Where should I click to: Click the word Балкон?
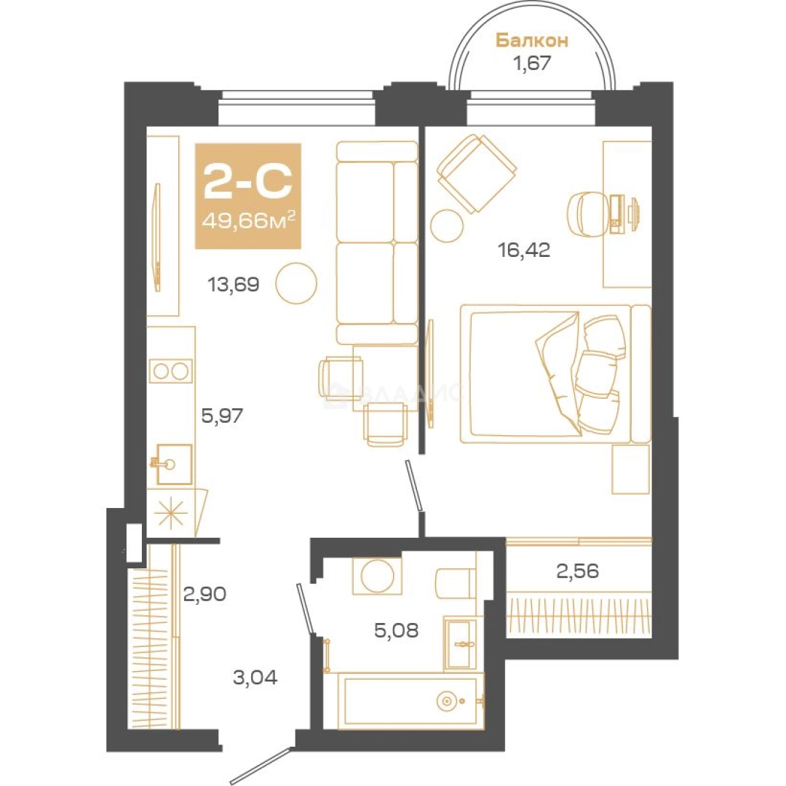532,41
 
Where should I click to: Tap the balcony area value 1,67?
531,63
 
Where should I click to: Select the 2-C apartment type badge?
248,196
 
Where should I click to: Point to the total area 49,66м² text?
248,220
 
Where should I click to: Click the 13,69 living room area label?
233,285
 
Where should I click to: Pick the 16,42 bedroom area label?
524,249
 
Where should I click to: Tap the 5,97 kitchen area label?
221,415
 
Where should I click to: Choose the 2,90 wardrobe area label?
205,594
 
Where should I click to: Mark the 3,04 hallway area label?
255,678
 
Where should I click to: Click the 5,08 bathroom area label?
396,630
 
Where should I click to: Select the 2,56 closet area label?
577,571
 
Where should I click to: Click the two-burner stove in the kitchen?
170,371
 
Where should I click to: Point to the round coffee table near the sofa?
296,283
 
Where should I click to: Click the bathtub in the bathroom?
410,701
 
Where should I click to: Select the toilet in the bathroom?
456,582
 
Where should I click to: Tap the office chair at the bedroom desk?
587,214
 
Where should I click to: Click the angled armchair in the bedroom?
476,173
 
